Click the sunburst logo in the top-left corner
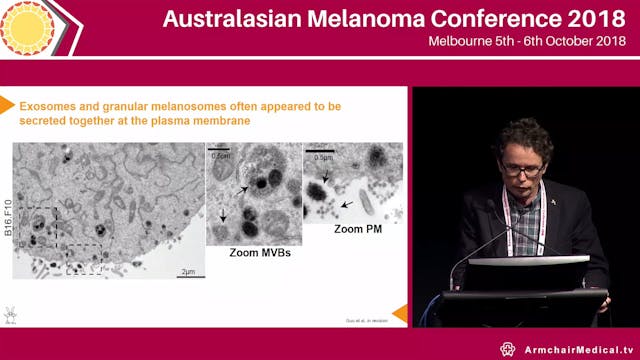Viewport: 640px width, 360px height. [x=28, y=24]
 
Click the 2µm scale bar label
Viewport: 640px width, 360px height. [x=187, y=271]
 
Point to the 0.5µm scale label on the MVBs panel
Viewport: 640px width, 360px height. [x=221, y=154]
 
